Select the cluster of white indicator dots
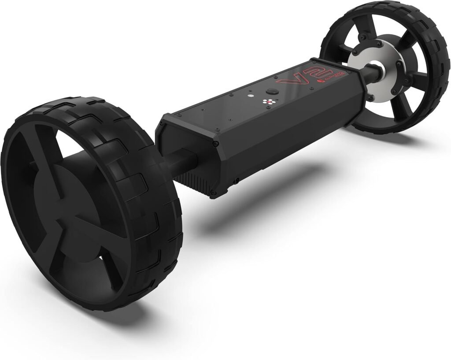[266, 102]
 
